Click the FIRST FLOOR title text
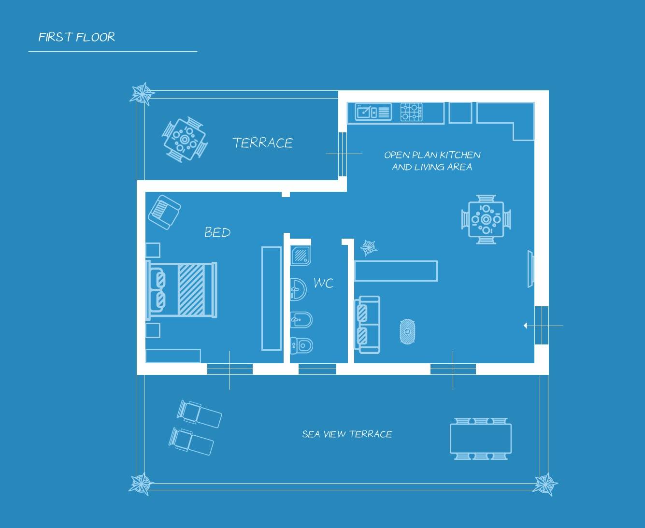(76, 37)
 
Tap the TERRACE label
(263, 143)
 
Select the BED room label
(217, 233)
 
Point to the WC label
(323, 283)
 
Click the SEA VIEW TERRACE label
(347, 434)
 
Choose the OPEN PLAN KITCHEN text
(432, 155)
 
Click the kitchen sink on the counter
(373, 112)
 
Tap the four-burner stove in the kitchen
(411, 112)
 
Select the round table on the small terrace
(184, 139)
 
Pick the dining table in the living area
(486, 219)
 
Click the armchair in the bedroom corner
(164, 212)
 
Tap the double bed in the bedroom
(182, 290)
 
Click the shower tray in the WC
(301, 255)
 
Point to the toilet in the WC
(301, 345)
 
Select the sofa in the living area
(367, 325)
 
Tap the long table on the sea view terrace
(480, 438)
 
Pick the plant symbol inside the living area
(369, 247)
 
